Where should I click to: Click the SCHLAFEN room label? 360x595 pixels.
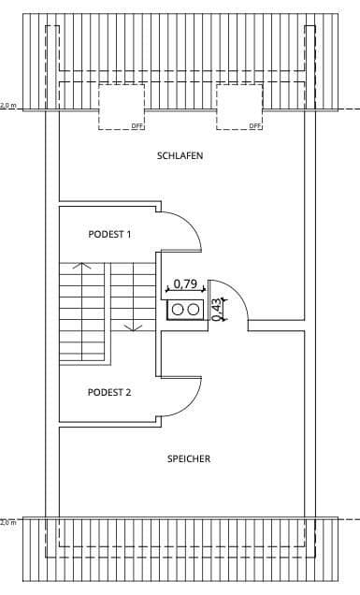(x=180, y=156)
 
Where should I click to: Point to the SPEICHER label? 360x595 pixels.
(x=188, y=458)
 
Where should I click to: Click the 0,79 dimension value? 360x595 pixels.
(x=184, y=283)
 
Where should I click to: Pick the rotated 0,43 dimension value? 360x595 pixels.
(x=217, y=310)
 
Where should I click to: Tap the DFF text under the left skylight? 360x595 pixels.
(x=137, y=125)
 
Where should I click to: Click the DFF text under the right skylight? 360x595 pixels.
(x=254, y=125)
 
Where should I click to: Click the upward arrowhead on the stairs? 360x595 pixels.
(x=82, y=267)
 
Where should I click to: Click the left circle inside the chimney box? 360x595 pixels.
(x=176, y=309)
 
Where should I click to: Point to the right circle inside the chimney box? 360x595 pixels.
(x=193, y=309)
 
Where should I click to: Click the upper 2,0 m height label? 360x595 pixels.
(x=8, y=106)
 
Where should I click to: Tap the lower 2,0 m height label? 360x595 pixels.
(x=8, y=522)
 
